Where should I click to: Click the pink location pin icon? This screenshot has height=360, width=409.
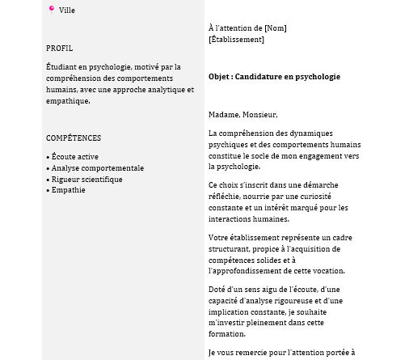coord(52,10)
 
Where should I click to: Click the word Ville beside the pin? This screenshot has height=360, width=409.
coord(67,11)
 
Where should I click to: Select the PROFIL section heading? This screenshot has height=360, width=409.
coord(59,49)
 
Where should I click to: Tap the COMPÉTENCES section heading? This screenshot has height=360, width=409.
coord(74,138)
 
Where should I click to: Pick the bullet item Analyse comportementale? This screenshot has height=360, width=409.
coord(97,168)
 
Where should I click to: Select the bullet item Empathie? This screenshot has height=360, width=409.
coord(68,190)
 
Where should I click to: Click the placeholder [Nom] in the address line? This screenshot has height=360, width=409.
coord(276,28)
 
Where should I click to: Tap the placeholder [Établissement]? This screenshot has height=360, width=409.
coord(236,39)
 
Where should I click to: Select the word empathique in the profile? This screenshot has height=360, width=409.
coord(69,101)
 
